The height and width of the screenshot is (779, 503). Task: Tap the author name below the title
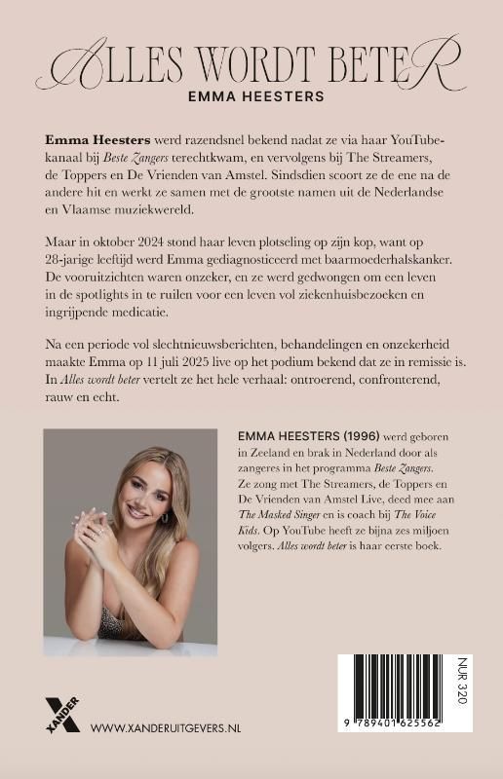tap(251, 97)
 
